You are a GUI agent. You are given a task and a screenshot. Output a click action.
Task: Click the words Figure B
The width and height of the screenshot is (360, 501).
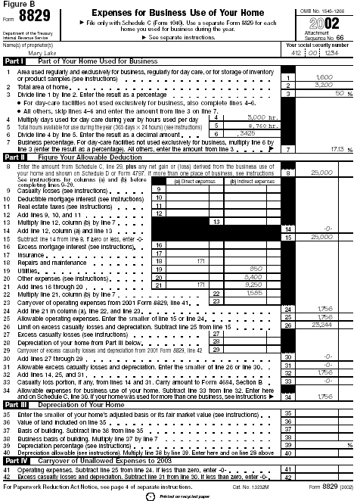17,5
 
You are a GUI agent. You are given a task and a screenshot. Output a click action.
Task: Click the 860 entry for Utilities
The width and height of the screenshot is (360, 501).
256,269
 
